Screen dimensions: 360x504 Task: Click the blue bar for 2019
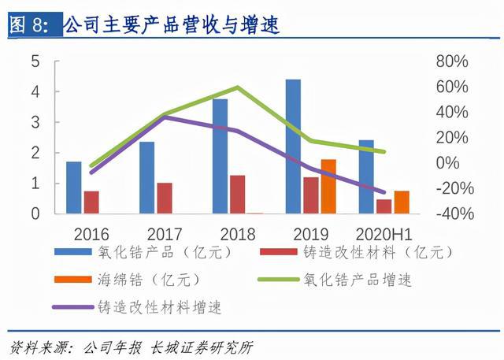(x=293, y=147)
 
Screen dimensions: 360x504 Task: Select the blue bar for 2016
(x=74, y=187)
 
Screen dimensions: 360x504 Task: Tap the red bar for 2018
(x=237, y=194)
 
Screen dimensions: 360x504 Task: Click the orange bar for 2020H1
(x=401, y=202)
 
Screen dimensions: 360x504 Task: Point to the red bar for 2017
(x=165, y=198)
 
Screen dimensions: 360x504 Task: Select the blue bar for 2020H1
(x=366, y=176)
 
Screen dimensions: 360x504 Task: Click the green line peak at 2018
(x=238, y=87)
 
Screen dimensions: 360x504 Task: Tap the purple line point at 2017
(x=165, y=117)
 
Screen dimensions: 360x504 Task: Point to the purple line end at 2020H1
(x=384, y=191)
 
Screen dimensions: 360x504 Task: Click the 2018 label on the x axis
(x=237, y=233)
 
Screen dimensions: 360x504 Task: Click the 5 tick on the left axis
(x=35, y=61)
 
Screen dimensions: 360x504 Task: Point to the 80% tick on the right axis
(x=452, y=61)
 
